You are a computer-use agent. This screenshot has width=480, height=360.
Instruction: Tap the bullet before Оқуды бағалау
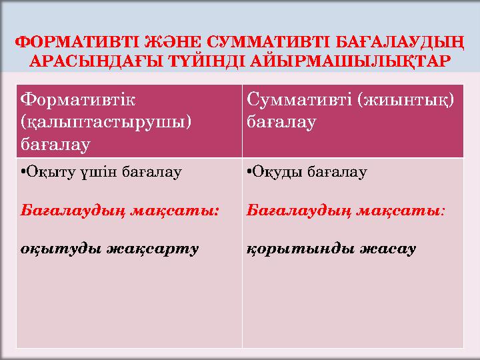click(x=249, y=173)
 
